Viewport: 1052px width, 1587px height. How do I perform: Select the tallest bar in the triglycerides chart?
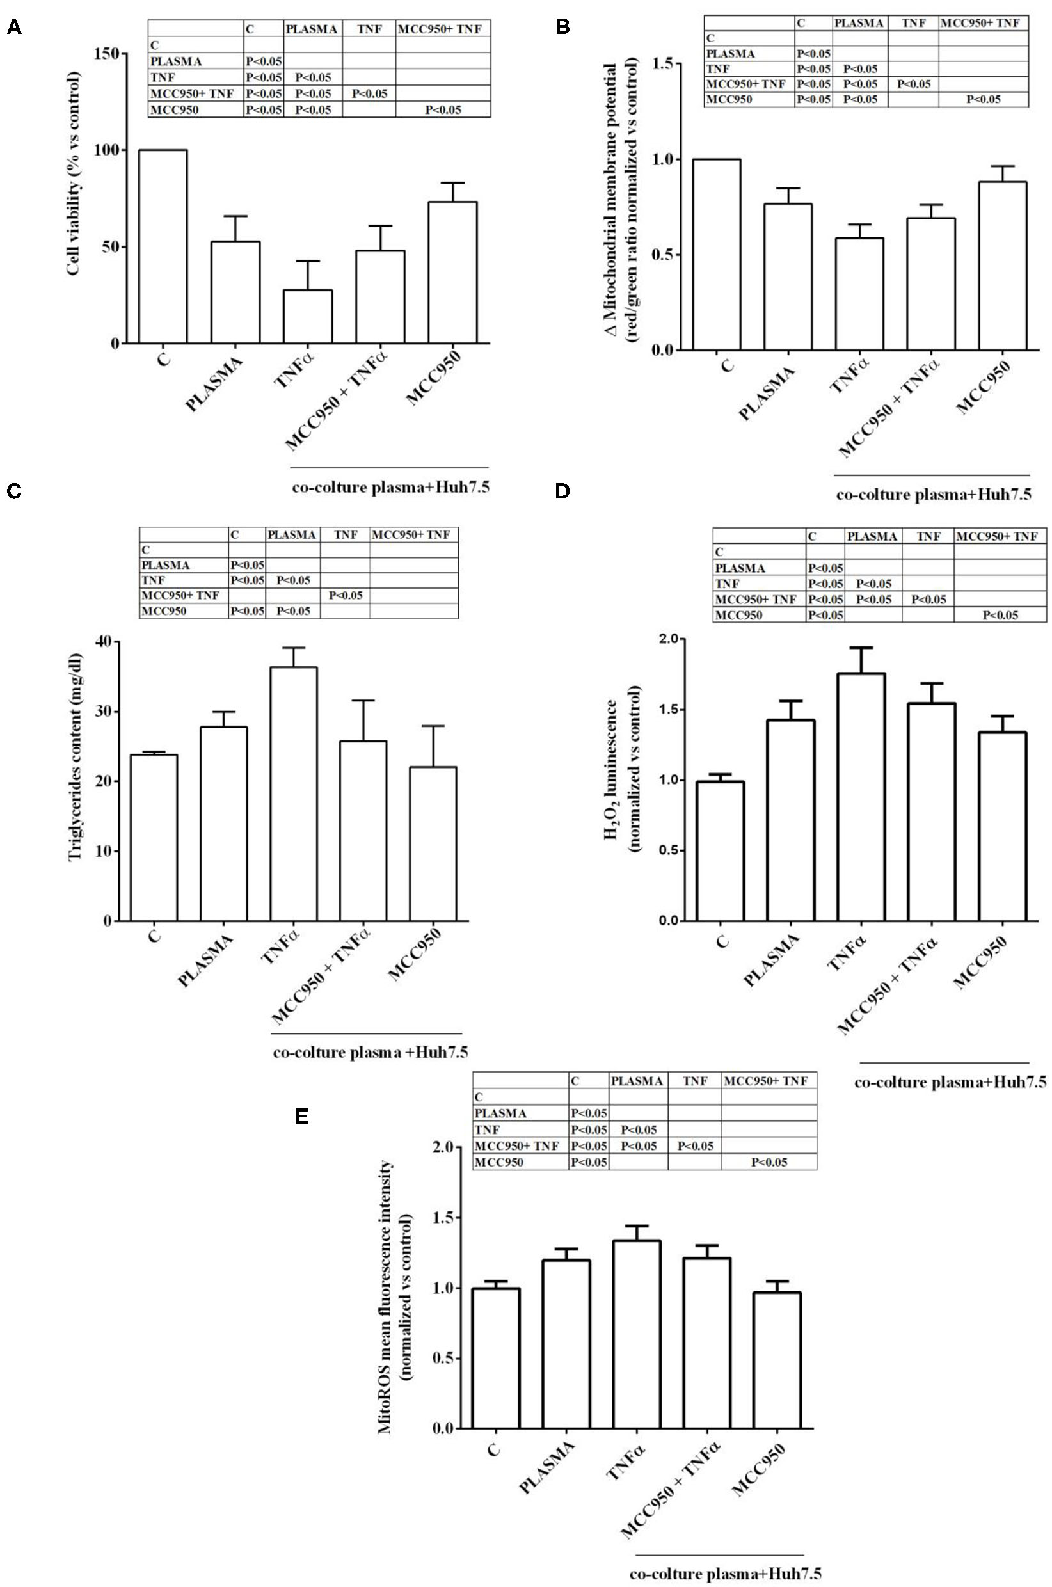pos(294,793)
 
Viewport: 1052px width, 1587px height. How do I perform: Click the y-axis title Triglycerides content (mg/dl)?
pos(74,781)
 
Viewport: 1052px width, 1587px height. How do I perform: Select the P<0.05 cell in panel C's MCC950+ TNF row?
pos(345,595)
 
